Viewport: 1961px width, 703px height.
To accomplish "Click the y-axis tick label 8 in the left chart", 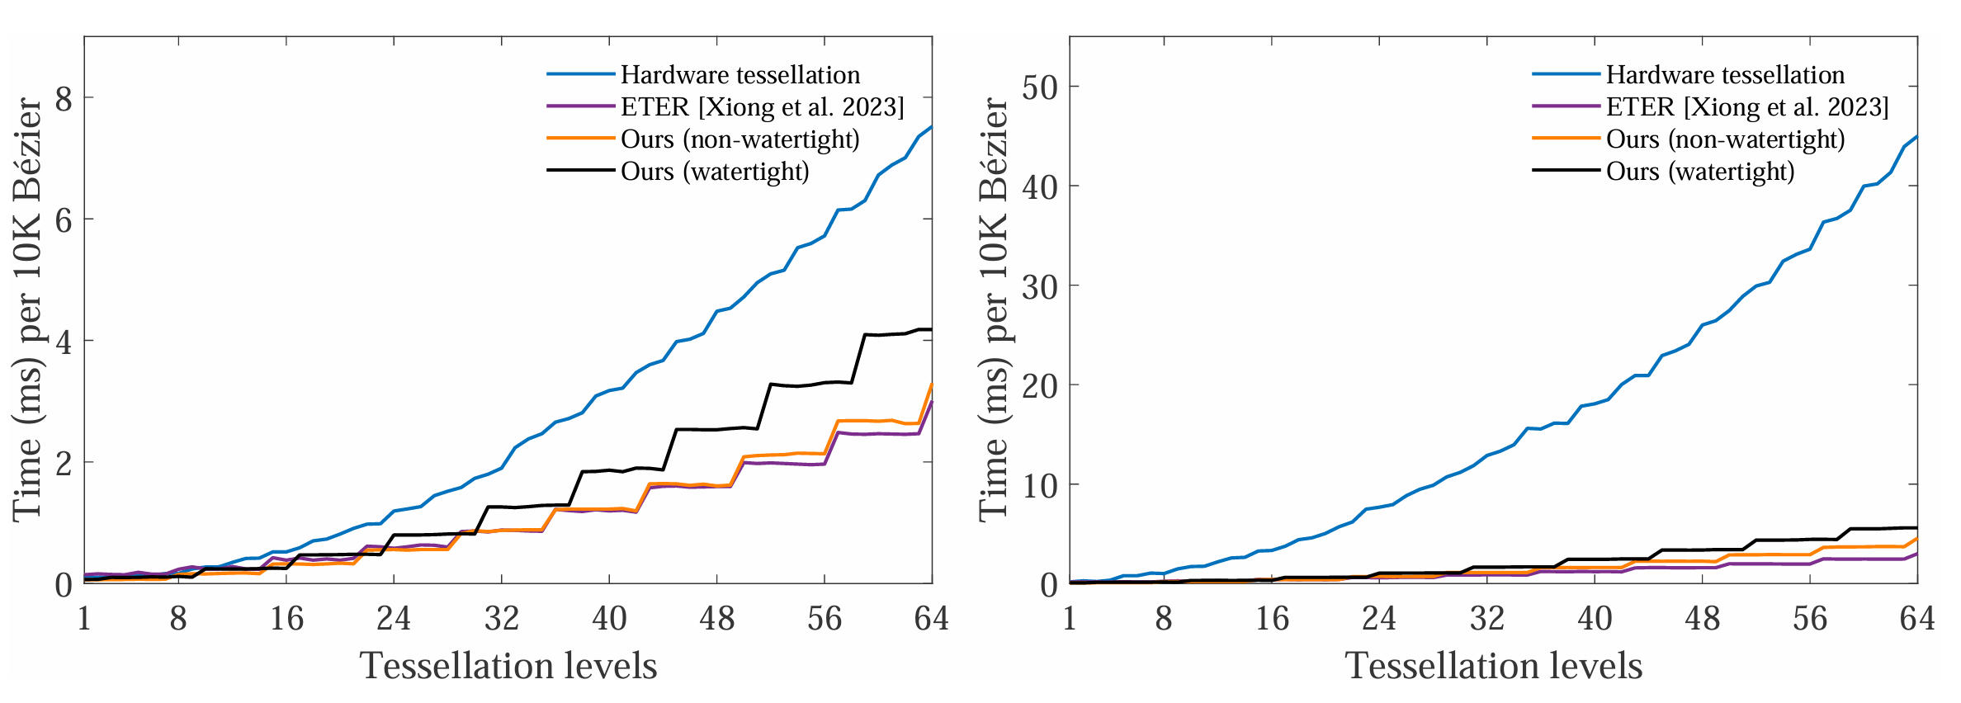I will (x=64, y=98).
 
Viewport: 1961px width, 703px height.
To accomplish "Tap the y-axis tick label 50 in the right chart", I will (x=1040, y=87).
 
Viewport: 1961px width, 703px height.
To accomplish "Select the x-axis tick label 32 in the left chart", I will (x=501, y=618).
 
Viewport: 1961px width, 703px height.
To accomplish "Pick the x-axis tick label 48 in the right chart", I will (x=1702, y=618).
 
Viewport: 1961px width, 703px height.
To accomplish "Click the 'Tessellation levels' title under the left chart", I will (x=508, y=666).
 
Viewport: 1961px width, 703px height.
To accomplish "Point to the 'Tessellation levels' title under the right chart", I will (x=1494, y=666).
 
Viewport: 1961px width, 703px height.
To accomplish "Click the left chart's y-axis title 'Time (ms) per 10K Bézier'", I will (x=28, y=309).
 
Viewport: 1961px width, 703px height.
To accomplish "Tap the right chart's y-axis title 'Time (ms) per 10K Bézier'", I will (x=994, y=309).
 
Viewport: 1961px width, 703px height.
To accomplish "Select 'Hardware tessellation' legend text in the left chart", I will (x=740, y=75).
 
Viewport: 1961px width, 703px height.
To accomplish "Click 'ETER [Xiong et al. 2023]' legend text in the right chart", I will (x=1747, y=107).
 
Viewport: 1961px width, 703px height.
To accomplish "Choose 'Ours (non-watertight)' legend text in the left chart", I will (x=740, y=139).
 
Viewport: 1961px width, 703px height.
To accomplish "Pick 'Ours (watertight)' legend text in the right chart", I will (x=1700, y=172).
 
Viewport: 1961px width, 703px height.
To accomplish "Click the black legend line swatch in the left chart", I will (x=581, y=171).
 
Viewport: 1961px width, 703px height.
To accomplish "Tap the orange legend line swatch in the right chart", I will (x=1566, y=139).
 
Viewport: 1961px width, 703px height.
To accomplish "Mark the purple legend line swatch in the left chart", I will (x=581, y=106).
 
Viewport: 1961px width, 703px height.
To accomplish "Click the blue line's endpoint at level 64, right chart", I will (x=1916, y=136).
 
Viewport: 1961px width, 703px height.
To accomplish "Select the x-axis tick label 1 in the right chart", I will (x=1070, y=618).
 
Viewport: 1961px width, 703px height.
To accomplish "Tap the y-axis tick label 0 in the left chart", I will (x=64, y=585).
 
